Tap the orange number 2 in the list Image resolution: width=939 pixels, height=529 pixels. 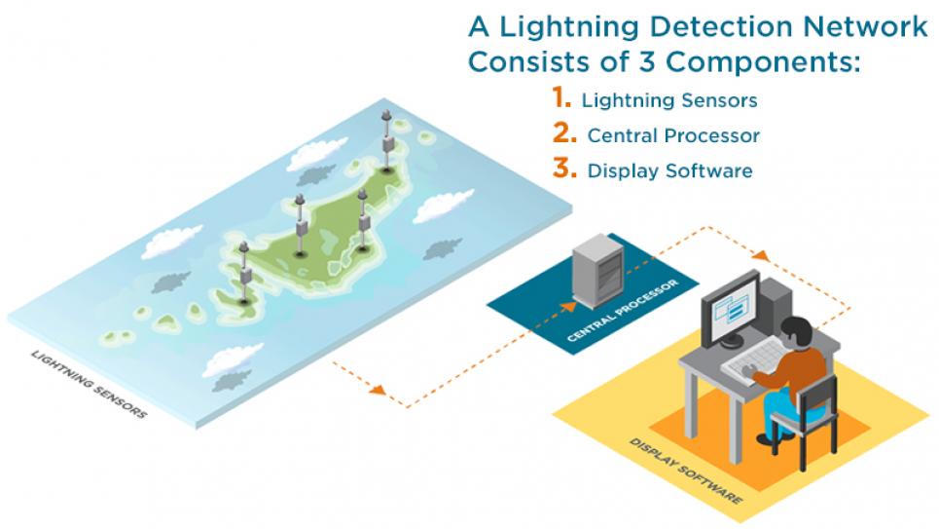coord(564,133)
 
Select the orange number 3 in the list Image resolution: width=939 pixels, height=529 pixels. coord(564,169)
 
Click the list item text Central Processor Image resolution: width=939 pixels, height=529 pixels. coord(673,135)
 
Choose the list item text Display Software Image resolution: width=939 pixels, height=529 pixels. coord(669,170)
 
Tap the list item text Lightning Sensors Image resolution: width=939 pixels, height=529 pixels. coord(668,100)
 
